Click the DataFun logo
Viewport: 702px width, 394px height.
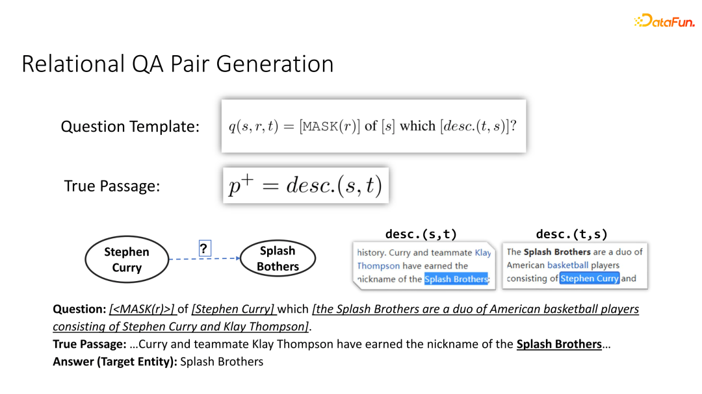tap(664, 21)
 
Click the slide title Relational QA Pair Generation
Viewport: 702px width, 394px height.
tap(177, 64)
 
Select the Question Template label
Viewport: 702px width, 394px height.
tap(130, 127)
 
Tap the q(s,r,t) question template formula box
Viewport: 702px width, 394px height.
tap(373, 126)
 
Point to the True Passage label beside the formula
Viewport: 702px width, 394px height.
tap(112, 186)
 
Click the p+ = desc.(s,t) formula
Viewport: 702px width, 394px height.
tap(305, 186)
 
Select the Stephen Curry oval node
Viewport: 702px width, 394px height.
tap(126, 260)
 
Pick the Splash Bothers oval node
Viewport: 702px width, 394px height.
tap(278, 258)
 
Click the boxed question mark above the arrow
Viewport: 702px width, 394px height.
tap(205, 249)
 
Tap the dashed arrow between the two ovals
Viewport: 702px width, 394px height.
tap(204, 259)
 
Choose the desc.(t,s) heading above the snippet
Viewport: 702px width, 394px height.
tap(571, 234)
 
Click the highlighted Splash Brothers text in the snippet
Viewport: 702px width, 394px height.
tap(456, 279)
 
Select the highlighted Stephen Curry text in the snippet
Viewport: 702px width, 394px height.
tap(590, 278)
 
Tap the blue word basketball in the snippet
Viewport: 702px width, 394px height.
tap(567, 265)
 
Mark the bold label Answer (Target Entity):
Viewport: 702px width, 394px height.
tap(114, 362)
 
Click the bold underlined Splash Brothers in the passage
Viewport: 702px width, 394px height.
tap(559, 344)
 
